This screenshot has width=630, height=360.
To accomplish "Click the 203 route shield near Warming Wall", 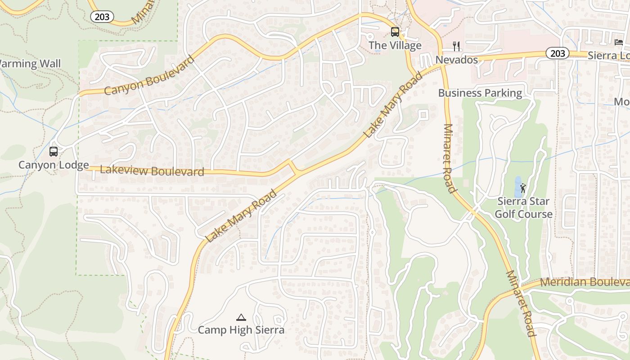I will (102, 17).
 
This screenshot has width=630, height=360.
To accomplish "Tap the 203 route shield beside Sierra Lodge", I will (558, 53).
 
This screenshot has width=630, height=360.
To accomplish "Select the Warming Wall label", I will (30, 63).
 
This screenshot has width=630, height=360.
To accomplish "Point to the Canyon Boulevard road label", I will (149, 76).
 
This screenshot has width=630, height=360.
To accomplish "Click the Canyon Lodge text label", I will (54, 165).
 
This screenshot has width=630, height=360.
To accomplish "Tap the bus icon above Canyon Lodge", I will (54, 152).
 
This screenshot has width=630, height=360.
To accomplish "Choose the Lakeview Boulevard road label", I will (152, 171).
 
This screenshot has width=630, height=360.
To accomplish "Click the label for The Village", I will (395, 45).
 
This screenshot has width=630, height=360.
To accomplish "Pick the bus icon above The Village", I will (395, 32).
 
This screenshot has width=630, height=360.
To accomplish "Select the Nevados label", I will (456, 60).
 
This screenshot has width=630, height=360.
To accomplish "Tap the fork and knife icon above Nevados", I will (456, 46).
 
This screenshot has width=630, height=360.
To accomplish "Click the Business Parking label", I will (480, 93).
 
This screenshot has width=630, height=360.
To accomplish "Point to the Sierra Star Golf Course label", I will (523, 207).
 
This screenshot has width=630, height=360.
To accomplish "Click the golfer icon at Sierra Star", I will (523, 188).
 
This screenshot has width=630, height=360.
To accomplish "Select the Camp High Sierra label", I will (241, 330).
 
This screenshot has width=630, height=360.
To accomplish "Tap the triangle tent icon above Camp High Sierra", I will (241, 318).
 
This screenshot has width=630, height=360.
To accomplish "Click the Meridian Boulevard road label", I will (585, 282).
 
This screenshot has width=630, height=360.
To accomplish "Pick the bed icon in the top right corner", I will (619, 42).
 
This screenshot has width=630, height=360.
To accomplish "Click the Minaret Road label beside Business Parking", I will (450, 158).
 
